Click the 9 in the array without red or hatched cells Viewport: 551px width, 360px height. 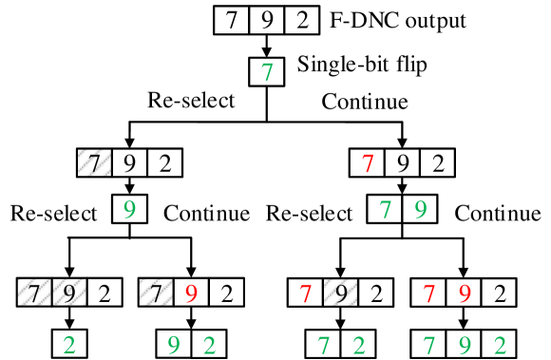click(x=267, y=21)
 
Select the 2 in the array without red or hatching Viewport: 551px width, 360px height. click(x=301, y=21)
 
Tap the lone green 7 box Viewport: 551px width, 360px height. click(x=267, y=72)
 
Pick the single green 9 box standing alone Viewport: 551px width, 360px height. click(x=129, y=209)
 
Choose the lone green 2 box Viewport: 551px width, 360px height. click(x=68, y=344)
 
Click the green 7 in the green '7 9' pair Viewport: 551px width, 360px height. click(x=386, y=209)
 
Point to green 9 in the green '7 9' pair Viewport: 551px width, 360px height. click(x=419, y=209)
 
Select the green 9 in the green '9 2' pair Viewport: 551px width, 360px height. click(x=174, y=344)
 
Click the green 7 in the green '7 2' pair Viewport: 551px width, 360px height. click(x=324, y=344)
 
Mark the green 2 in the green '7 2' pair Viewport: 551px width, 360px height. click(x=357, y=344)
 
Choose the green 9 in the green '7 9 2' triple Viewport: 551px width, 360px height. click(x=464, y=344)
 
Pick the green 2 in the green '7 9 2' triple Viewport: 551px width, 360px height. click(x=498, y=344)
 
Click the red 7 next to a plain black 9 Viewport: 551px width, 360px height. click(x=369, y=163)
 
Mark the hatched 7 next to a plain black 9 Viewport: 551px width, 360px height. click(x=95, y=163)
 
